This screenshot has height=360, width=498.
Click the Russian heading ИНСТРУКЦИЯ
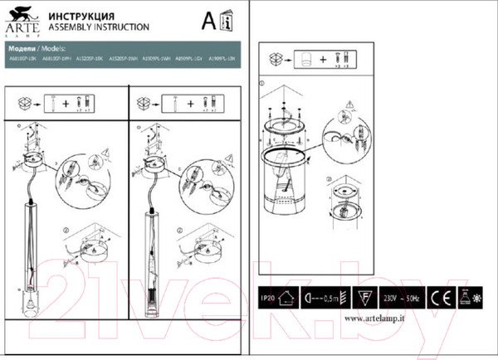click(79, 16)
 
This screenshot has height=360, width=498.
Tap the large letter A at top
click(210, 19)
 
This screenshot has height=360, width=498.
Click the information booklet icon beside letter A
click(228, 20)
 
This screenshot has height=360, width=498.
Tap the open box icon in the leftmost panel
click(25, 105)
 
